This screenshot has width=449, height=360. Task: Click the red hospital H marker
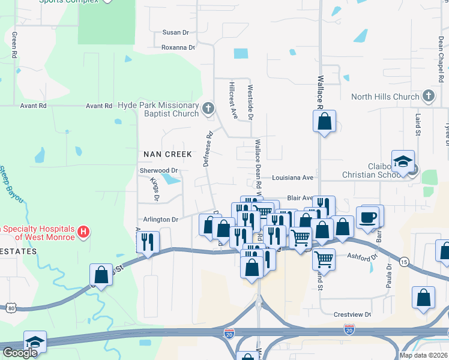[x=85, y=231]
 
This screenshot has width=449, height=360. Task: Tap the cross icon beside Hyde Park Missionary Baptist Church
[x=208, y=109]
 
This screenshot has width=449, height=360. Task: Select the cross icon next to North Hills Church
[x=429, y=96]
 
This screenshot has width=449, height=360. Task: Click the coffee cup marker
[x=367, y=217]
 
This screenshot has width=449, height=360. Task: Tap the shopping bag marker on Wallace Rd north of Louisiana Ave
[x=324, y=122]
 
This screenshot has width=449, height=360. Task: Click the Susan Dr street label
[x=176, y=32]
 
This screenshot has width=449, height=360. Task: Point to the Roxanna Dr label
[x=178, y=47]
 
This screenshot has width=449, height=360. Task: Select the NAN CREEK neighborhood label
[x=167, y=154]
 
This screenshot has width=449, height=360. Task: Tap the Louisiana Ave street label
[x=292, y=178]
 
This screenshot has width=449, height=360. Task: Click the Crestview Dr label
[x=352, y=314]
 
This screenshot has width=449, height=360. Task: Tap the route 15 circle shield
[x=404, y=262]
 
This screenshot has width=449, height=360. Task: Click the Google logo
[x=20, y=352]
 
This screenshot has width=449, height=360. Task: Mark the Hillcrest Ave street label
[x=234, y=99]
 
